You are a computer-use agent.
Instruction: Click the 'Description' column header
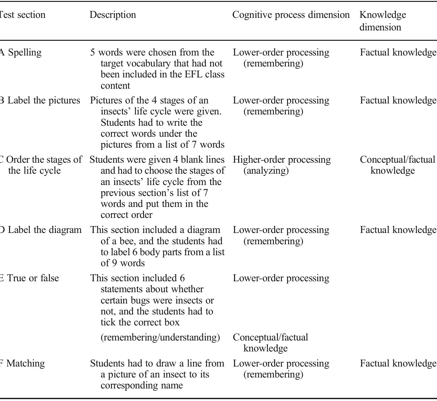113,15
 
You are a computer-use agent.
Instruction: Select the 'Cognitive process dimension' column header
291,15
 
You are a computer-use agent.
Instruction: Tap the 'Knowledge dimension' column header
382,21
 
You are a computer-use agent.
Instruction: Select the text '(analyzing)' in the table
266,171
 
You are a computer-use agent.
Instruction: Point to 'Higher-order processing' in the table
281,160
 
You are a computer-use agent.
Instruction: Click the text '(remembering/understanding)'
160,337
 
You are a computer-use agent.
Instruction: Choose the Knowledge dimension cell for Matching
398,363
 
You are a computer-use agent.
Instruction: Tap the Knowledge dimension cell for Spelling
398,52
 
